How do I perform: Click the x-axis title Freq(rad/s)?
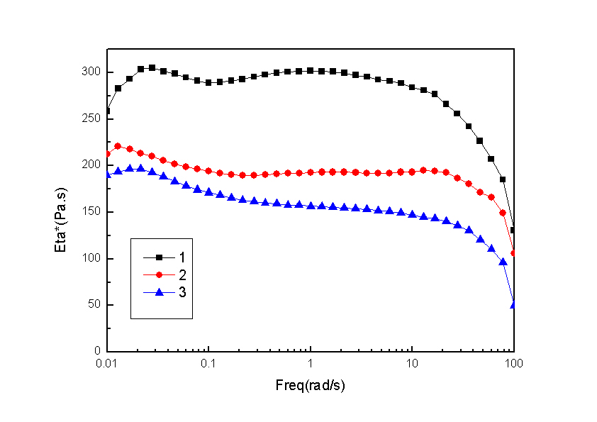(x=311, y=386)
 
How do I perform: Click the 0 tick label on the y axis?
(x=98, y=351)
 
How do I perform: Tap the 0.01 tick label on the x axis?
(x=107, y=363)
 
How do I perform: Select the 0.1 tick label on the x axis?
(x=208, y=363)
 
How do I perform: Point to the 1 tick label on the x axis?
(x=311, y=363)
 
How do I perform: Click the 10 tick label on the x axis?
(x=412, y=363)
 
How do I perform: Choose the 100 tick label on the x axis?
(x=513, y=363)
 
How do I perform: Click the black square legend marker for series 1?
(x=160, y=257)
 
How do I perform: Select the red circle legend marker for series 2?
(x=160, y=274)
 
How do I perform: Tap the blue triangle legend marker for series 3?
(x=160, y=291)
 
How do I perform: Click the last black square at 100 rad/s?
(x=513, y=230)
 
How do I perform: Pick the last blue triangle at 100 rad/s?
(x=513, y=305)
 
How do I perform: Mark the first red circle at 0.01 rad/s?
(x=108, y=154)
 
